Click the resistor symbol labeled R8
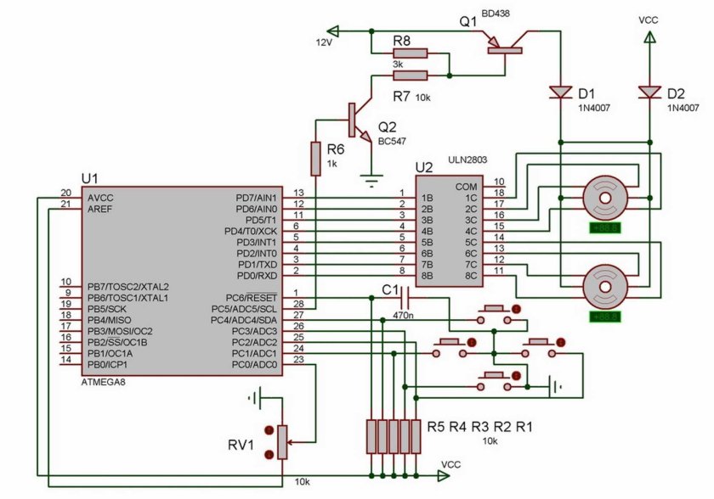click(410, 53)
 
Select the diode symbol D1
click(560, 91)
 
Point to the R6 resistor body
click(315, 158)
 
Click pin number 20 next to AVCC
click(65, 193)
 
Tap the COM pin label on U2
click(467, 187)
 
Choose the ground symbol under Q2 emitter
click(368, 177)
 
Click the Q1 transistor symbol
click(503, 44)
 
